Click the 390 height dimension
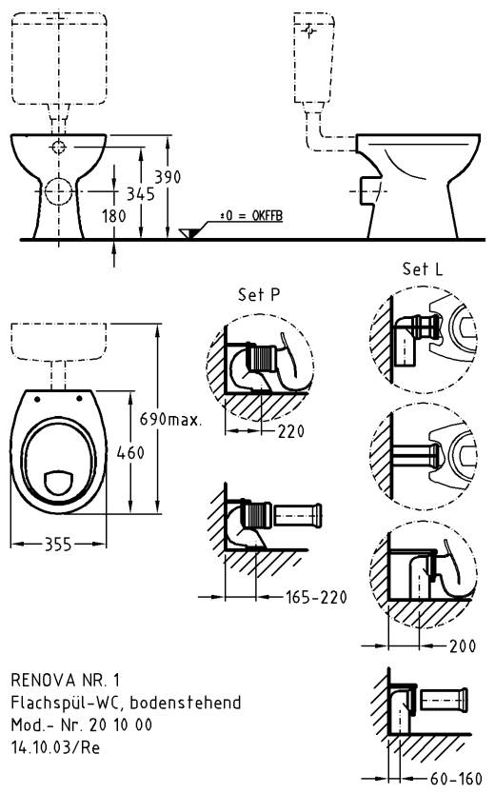tap(168, 177)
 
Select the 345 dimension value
tap(140, 194)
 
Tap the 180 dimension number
tap(114, 216)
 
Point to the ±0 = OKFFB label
tap(251, 216)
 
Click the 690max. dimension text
tap(170, 419)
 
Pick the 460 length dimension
tap(130, 453)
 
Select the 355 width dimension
tap(59, 545)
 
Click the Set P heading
tap(259, 295)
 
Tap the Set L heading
tap(422, 268)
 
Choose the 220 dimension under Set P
tap(291, 431)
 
